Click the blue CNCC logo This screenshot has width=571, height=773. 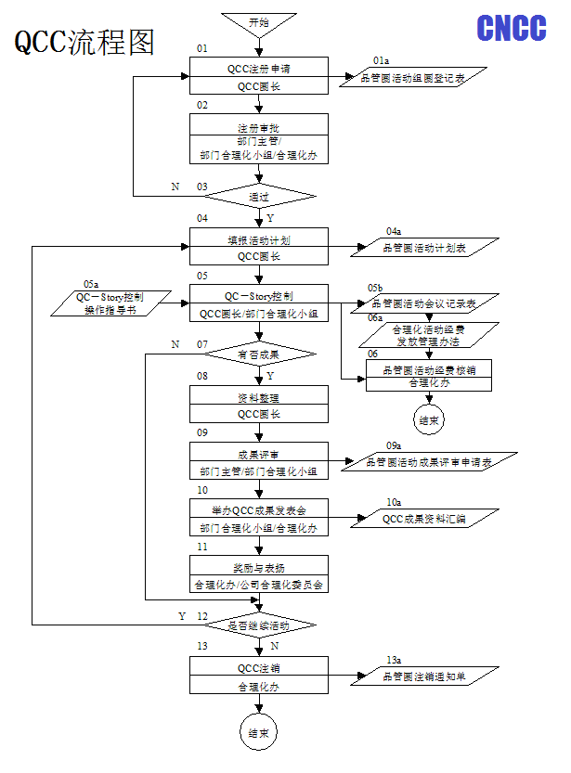point(512,28)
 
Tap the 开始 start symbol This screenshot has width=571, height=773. point(259,22)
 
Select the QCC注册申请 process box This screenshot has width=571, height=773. point(259,76)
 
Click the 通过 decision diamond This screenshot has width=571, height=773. point(259,196)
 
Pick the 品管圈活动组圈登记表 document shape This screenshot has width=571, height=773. point(412,79)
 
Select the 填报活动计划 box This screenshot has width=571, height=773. point(259,248)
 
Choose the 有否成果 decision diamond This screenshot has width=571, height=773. point(259,354)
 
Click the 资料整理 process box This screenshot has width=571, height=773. point(259,406)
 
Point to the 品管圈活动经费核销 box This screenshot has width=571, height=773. point(428,375)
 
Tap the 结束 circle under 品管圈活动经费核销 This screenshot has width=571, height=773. point(428,420)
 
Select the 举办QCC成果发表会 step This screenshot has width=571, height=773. point(259,519)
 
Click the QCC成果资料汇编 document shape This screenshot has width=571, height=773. point(423,519)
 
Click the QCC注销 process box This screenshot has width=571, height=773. point(259,677)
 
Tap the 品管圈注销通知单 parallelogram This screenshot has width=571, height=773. point(423,677)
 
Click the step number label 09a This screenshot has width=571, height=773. point(394,446)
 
